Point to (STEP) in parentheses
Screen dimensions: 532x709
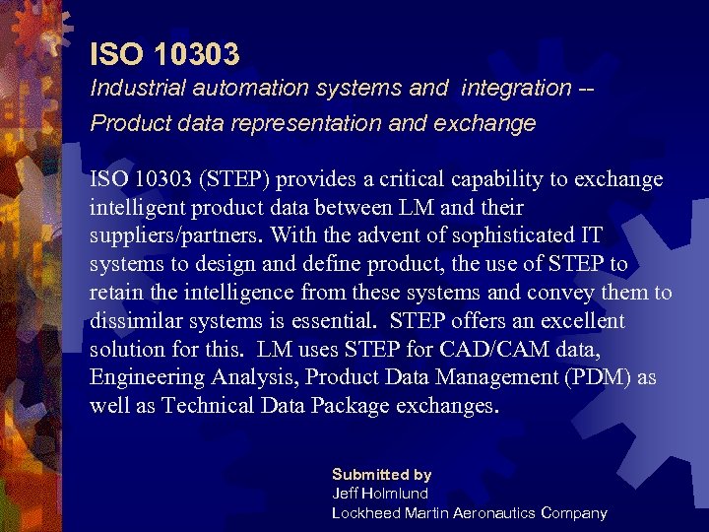tap(237, 180)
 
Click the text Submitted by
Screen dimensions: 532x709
tap(381, 474)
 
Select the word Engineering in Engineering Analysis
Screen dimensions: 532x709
tap(146, 377)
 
